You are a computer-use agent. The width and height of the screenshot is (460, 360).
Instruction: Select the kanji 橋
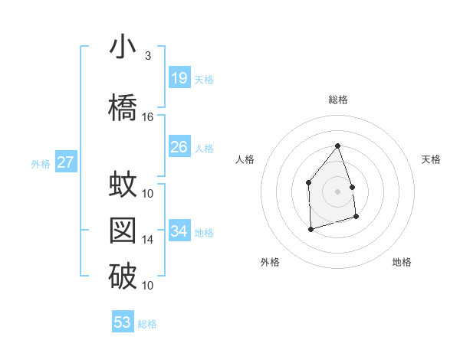(x=123, y=107)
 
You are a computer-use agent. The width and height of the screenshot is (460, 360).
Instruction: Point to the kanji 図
(x=123, y=231)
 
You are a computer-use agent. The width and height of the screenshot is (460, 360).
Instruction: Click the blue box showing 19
(x=179, y=78)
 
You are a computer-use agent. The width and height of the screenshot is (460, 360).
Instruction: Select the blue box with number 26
(x=179, y=147)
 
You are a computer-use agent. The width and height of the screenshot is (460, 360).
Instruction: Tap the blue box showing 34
(x=179, y=231)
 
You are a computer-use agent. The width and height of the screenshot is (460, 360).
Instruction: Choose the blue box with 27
(x=65, y=162)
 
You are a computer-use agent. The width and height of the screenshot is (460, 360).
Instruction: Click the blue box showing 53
(x=123, y=322)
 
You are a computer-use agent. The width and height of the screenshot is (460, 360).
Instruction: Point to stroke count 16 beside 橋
(x=148, y=117)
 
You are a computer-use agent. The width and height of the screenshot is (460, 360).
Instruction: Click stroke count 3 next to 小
(x=148, y=56)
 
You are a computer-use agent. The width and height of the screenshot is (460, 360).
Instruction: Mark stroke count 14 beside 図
(x=148, y=240)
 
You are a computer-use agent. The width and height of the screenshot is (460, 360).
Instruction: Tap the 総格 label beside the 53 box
(x=147, y=324)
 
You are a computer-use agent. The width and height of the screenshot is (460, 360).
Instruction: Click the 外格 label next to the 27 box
(x=41, y=163)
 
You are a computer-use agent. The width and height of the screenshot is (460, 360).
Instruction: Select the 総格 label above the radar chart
(x=337, y=100)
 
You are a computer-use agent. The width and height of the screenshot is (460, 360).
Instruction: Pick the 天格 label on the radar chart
(x=431, y=159)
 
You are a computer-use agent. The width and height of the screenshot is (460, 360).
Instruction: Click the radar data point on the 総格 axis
(x=337, y=146)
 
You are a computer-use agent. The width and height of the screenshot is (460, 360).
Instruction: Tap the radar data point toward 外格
(x=310, y=228)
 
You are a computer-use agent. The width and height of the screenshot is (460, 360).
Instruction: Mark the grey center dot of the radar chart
(x=337, y=191)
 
